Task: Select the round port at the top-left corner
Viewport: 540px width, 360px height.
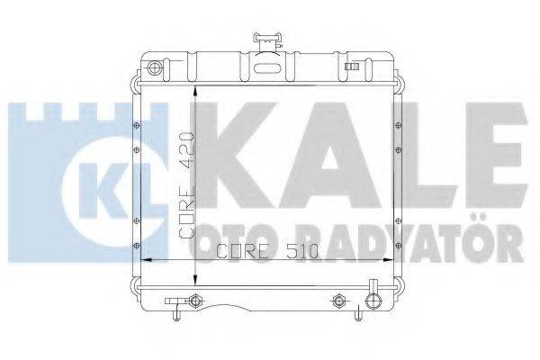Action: pos(154,68)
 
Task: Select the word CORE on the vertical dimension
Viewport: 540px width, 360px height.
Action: pos(186,213)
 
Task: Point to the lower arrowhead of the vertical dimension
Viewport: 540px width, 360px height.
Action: pos(197,280)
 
